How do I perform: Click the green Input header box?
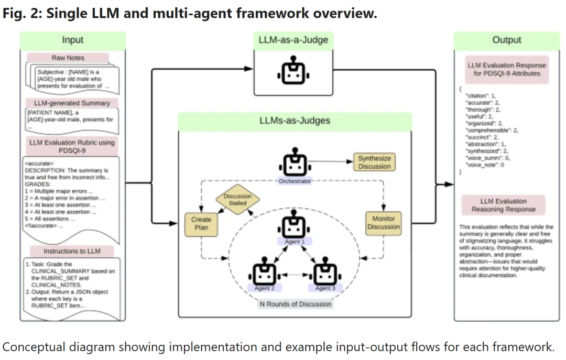click(73, 40)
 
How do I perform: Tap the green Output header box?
click(506, 40)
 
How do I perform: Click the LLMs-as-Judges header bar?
click(295, 121)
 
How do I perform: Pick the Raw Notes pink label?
click(68, 58)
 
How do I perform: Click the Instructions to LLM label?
click(72, 252)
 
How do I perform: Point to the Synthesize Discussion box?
click(374, 162)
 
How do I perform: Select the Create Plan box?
click(201, 223)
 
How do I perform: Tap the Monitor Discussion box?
click(383, 223)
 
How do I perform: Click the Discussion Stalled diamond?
click(237, 200)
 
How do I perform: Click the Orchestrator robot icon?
click(294, 164)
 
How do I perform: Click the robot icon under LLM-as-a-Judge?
click(293, 73)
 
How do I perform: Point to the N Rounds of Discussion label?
click(296, 304)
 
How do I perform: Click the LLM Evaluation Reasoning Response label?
click(503, 205)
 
